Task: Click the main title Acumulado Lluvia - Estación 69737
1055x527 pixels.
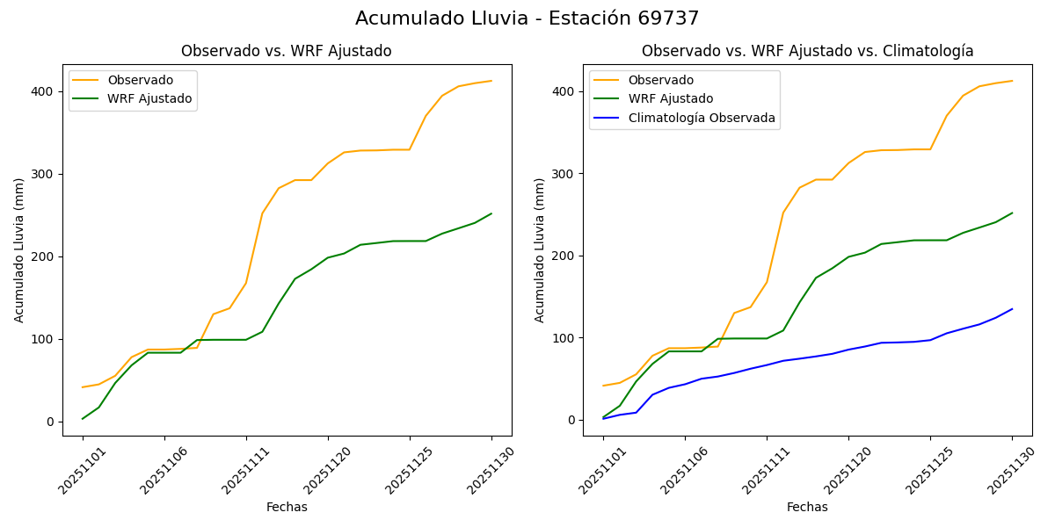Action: (x=527, y=18)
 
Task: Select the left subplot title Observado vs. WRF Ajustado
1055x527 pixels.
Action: (x=286, y=51)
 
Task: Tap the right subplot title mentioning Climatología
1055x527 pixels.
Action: (x=807, y=51)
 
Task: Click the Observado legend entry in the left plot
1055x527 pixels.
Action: (x=140, y=80)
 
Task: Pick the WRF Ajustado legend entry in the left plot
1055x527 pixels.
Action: (x=149, y=98)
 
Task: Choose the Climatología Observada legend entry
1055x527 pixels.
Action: (x=701, y=118)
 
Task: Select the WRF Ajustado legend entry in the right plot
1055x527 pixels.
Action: (x=670, y=98)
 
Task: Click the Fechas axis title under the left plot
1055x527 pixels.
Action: (x=287, y=507)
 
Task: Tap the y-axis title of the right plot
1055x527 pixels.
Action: (x=540, y=249)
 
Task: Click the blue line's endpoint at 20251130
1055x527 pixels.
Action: (x=1012, y=309)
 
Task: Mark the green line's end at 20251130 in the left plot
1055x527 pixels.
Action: (x=491, y=213)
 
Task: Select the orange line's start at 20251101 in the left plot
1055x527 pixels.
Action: (x=83, y=387)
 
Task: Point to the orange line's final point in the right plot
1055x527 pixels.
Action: (x=1012, y=81)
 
